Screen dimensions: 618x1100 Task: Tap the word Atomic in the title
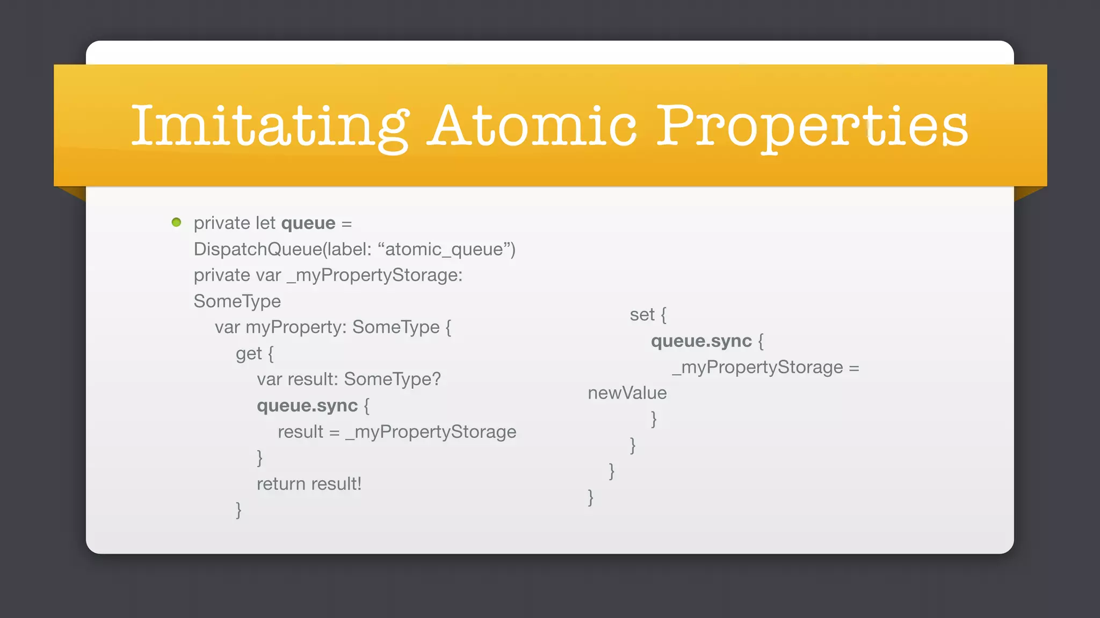[x=532, y=126]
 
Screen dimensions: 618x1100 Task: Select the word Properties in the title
[x=812, y=126]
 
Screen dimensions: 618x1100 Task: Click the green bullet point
[x=176, y=222]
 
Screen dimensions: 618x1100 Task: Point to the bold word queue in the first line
[x=308, y=223]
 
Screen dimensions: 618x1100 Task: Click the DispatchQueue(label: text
[x=283, y=249]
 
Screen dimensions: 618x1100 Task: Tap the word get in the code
[x=249, y=354]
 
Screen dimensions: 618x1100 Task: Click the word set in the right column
[x=642, y=315]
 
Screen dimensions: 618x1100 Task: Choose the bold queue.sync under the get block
[x=307, y=406]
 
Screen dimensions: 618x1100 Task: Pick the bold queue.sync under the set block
[x=701, y=341]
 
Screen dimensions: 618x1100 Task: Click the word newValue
[x=627, y=393]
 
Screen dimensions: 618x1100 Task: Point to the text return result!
[x=309, y=484]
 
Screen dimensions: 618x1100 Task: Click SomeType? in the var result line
[x=392, y=379]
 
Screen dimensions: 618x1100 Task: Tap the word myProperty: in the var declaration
[x=296, y=327]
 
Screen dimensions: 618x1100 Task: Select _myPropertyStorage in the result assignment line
[x=431, y=432]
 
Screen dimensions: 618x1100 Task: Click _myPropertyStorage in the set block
[x=757, y=367]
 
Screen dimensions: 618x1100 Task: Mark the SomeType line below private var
[x=237, y=301]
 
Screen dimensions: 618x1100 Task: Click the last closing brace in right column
[x=590, y=497]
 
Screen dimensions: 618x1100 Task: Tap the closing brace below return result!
[x=238, y=510]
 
